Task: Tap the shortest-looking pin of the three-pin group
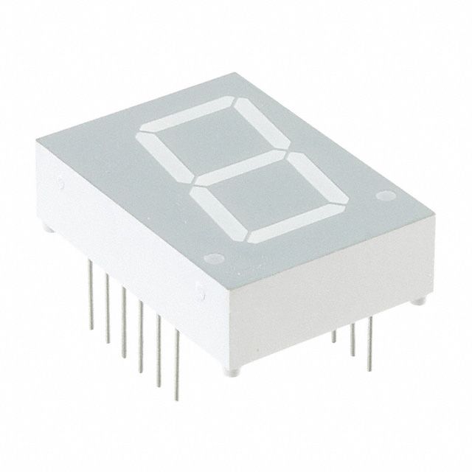336,339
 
